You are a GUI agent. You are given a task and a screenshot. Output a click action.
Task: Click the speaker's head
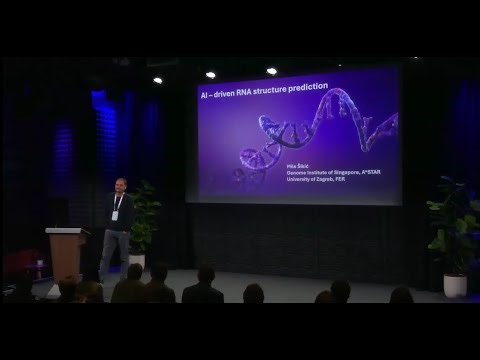(119, 186)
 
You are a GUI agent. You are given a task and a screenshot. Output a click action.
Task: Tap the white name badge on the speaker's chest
(118, 214)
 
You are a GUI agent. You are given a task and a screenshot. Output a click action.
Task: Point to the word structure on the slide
(277, 91)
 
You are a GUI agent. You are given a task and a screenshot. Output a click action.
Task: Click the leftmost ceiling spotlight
(157, 80)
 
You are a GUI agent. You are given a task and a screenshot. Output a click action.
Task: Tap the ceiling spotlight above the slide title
(210, 74)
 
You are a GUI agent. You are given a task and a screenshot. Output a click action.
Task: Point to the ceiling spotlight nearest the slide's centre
(271, 71)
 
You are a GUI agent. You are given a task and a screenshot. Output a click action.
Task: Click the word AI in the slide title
(204, 91)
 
